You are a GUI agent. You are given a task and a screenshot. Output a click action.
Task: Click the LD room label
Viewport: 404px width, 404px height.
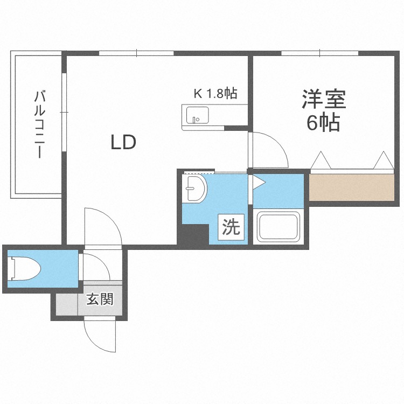[123, 143]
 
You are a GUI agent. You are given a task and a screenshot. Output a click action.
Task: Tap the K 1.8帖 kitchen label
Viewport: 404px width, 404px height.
[215, 93]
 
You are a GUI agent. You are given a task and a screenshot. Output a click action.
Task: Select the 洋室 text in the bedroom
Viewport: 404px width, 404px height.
[324, 99]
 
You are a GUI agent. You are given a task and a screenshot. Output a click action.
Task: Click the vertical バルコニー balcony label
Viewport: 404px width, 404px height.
[40, 124]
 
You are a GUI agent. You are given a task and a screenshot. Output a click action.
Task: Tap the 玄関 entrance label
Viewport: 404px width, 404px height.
[100, 299]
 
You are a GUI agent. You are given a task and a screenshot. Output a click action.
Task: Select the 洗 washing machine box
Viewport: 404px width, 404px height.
[231, 227]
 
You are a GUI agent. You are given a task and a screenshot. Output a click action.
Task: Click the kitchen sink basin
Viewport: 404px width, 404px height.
[197, 115]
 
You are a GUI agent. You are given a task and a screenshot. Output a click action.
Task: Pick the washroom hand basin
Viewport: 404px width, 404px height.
[196, 188]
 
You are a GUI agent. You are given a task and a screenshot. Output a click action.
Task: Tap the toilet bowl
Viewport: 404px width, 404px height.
[24, 268]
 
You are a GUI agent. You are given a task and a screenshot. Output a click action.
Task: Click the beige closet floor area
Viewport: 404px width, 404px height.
[351, 187]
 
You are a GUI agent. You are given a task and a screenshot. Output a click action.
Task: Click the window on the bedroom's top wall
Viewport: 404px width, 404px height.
[320, 53]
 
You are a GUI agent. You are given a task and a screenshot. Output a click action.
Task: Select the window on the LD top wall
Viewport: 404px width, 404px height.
[137, 53]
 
